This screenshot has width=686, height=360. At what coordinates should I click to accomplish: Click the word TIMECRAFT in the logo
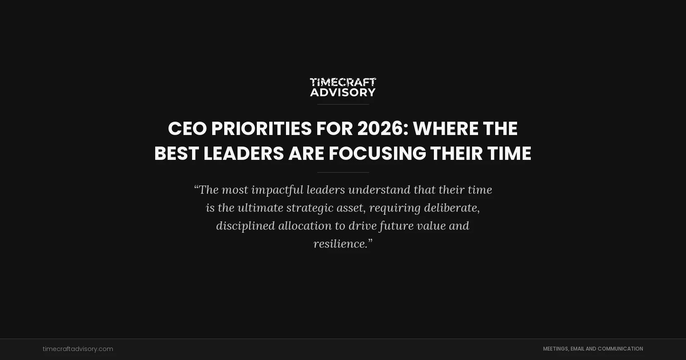click(343, 82)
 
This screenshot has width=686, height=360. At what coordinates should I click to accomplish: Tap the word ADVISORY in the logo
click(343, 92)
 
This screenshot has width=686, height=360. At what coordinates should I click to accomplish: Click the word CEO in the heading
click(187, 129)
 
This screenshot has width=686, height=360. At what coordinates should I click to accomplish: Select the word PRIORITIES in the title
click(261, 129)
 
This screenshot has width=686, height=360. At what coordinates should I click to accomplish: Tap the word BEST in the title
click(176, 153)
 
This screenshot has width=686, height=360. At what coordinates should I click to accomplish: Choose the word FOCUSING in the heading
click(377, 153)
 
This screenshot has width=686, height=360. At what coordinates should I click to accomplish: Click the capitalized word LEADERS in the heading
click(244, 153)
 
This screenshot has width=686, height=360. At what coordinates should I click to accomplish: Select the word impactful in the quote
click(277, 190)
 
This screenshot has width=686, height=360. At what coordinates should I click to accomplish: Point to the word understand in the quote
click(379, 190)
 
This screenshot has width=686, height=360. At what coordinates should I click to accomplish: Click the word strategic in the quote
click(310, 208)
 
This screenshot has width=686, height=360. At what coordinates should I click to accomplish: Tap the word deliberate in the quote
click(451, 208)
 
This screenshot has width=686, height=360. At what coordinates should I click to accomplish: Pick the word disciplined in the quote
click(245, 226)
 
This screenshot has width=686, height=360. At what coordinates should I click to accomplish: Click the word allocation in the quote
click(305, 226)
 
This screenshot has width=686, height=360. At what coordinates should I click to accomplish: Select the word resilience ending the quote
click(340, 244)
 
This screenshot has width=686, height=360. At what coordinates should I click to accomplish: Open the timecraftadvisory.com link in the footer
click(78, 349)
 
